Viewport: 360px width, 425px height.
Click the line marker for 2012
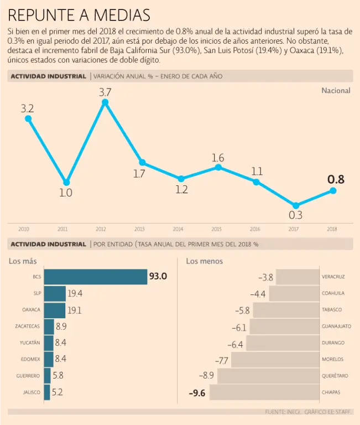(105, 102)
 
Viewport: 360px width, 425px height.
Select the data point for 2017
(296, 205)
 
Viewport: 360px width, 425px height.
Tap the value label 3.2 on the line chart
(27, 108)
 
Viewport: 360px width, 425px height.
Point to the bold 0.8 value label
(336, 179)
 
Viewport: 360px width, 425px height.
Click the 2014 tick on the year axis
(178, 229)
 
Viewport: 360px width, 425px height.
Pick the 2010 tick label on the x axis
(24, 229)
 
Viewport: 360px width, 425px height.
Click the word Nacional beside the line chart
(336, 90)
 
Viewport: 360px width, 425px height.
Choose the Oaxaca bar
(55, 310)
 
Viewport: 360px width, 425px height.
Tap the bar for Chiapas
(264, 392)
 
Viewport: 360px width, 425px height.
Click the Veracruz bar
(298, 277)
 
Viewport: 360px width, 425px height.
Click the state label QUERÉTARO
(335, 376)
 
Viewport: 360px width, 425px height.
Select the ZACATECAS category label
(28, 326)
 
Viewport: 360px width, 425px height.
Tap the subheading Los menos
(205, 261)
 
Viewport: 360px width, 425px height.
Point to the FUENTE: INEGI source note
(284, 412)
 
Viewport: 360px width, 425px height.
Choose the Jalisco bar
(47, 392)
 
